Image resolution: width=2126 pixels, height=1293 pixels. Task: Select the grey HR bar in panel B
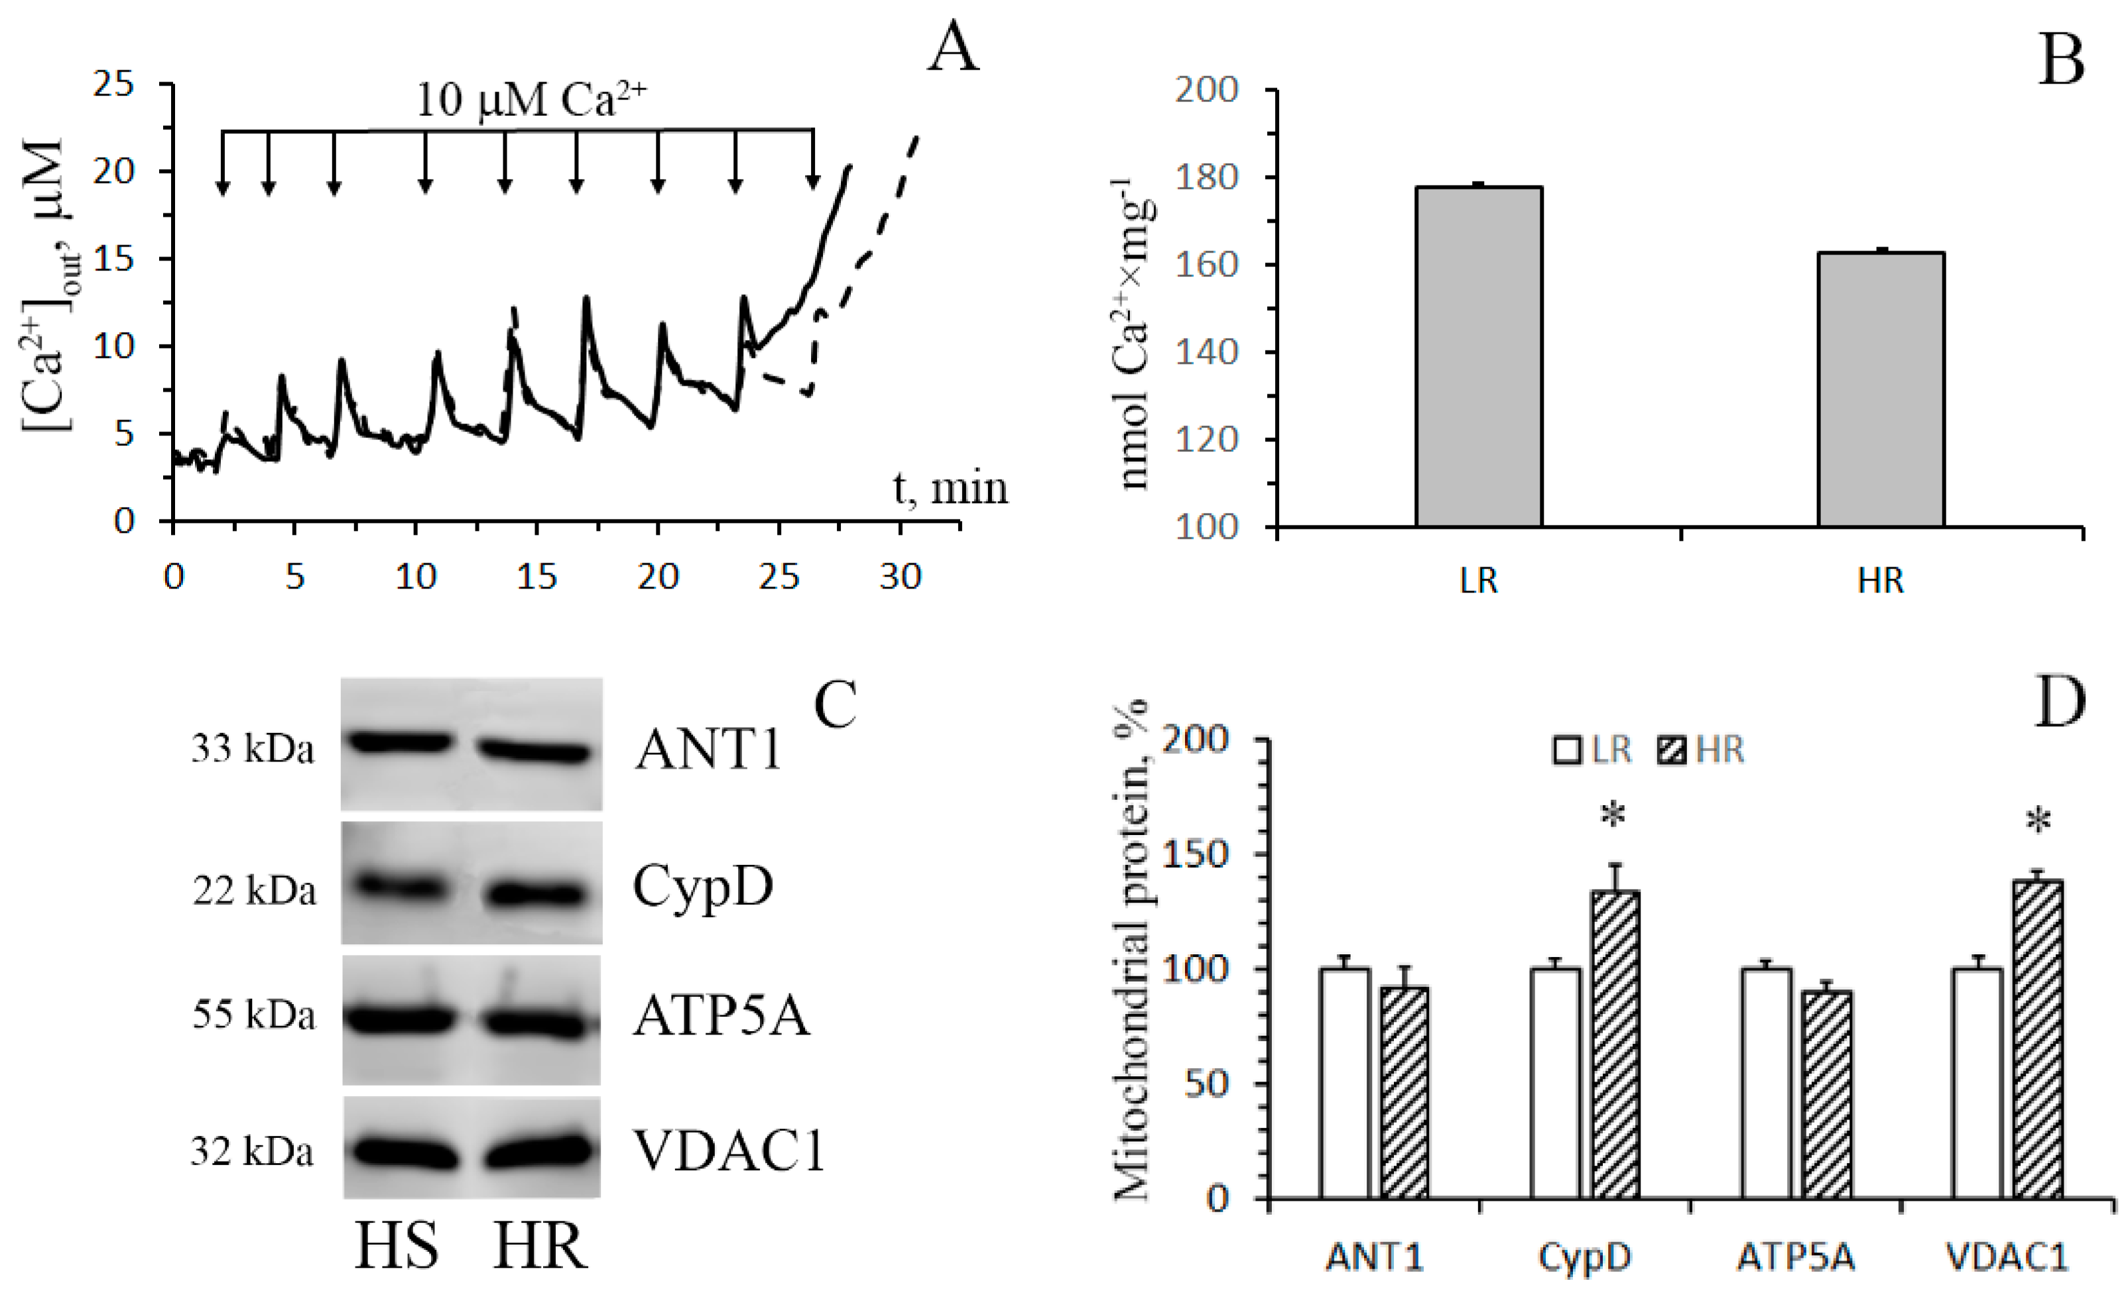point(1881,389)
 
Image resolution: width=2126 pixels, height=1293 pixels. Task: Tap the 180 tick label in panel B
point(1206,177)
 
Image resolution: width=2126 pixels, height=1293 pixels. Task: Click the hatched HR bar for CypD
point(1614,1044)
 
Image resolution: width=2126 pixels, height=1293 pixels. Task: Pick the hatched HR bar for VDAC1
point(2037,1039)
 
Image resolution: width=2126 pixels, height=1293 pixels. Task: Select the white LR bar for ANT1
point(1344,1084)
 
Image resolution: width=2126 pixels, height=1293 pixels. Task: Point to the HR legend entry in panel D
point(1702,750)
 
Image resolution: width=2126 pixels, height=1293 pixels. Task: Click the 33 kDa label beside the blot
point(252,749)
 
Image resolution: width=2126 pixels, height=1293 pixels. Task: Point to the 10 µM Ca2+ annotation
point(531,100)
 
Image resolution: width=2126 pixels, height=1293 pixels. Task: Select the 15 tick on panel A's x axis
point(536,576)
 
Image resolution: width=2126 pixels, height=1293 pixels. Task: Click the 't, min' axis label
point(949,488)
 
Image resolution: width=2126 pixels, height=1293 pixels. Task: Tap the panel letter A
point(954,48)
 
